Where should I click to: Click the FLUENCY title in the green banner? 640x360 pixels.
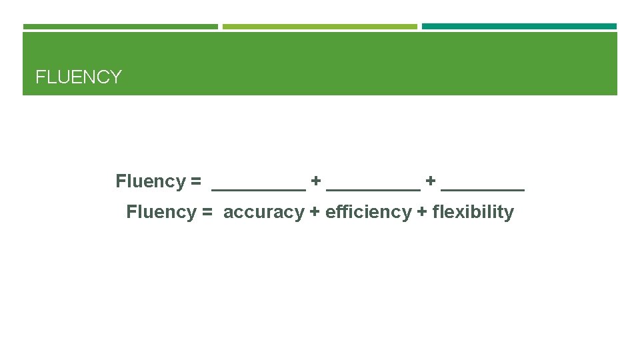coord(79,77)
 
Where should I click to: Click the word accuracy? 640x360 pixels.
coord(263,212)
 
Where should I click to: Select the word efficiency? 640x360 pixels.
coord(368,212)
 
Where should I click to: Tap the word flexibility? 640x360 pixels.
coord(473,212)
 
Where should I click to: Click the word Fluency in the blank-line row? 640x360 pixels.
coord(150,181)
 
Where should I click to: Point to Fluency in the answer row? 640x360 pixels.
coord(161,212)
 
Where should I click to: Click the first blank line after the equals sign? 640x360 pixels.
coord(258,189)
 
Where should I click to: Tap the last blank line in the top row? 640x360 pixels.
coord(483,189)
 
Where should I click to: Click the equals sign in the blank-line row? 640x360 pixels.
coord(195,181)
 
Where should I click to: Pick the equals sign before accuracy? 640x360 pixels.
coord(207,213)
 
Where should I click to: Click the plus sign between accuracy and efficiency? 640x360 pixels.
coord(315,213)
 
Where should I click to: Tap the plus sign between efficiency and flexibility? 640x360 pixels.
coord(422,213)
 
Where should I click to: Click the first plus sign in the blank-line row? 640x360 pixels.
coord(316,181)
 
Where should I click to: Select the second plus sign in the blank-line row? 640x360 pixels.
coord(431,181)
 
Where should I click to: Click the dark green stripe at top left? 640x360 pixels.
coord(120,27)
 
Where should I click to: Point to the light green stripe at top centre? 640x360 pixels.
coord(319,27)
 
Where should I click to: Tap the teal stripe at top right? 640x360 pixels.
coord(519,27)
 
